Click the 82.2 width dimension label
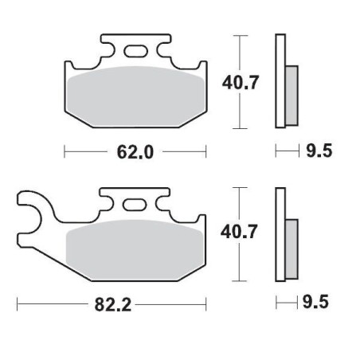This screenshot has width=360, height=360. pos(112,302)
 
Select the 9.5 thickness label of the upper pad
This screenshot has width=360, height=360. pos(316,150)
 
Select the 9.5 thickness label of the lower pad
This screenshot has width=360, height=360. pos(316,302)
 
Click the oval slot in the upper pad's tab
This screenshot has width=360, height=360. pos(135,53)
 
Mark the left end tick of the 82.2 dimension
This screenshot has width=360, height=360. pos(18,303)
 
